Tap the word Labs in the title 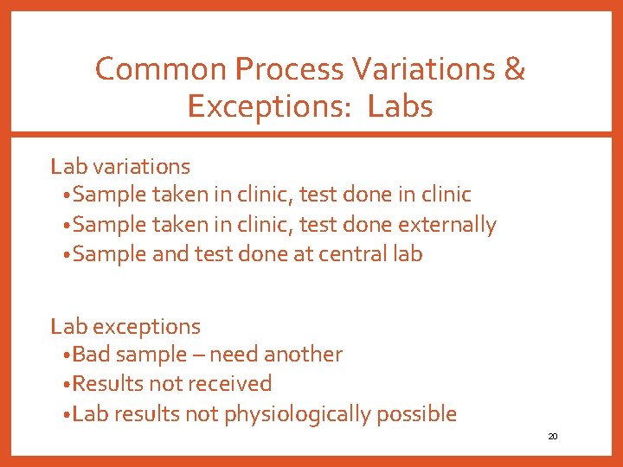click(400, 106)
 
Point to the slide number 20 click(553, 437)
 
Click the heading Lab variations click(120, 165)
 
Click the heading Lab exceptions click(125, 326)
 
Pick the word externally click(447, 225)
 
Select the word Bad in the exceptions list click(91, 355)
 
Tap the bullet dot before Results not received click(67, 385)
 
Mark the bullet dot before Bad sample click(67, 355)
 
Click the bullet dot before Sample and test click(67, 255)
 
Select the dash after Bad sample click(198, 355)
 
